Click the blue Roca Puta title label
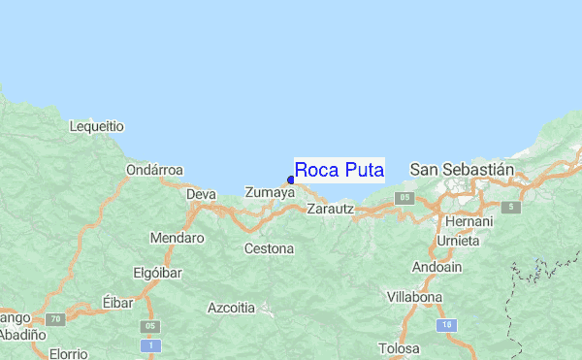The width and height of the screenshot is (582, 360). pos(339,171)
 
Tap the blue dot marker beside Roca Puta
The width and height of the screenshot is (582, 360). pos(291,180)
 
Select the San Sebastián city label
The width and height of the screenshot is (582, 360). pos(461,169)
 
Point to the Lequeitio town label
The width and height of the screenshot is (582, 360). pos(97,126)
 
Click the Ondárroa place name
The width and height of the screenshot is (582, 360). pos(154,170)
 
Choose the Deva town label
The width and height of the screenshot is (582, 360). pos(201,194)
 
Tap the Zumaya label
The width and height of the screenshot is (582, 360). pos(269,193)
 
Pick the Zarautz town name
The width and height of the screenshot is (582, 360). pos(330,209)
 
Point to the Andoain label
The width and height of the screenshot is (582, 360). pos(437,267)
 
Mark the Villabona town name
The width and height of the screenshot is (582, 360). pos(414,297)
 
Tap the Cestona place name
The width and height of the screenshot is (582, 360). pos(269,249)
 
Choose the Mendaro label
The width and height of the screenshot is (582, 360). pos(178,238)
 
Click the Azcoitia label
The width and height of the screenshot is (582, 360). pos(231,309)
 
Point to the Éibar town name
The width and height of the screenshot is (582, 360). pos(117,304)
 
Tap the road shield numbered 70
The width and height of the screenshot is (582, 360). pos(57,318)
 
